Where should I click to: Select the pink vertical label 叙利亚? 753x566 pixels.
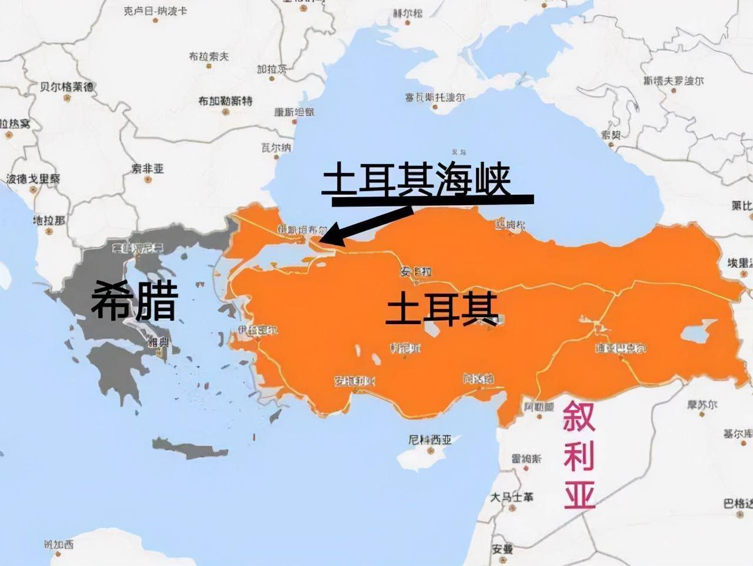[579, 454]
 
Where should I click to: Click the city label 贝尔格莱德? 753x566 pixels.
[66, 87]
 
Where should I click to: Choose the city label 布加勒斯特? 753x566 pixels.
[225, 101]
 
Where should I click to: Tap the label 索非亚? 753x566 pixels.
[147, 169]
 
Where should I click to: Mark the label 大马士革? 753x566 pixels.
[512, 497]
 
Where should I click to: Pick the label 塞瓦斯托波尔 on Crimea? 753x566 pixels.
[434, 96]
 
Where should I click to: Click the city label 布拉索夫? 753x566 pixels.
[208, 56]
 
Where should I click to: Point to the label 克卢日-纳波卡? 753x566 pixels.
[155, 11]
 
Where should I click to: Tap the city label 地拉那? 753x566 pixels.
[49, 220]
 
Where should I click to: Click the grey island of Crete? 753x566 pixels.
[188, 449]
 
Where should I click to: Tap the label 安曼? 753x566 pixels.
[502, 549]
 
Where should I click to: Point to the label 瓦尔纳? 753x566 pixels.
[276, 147]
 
